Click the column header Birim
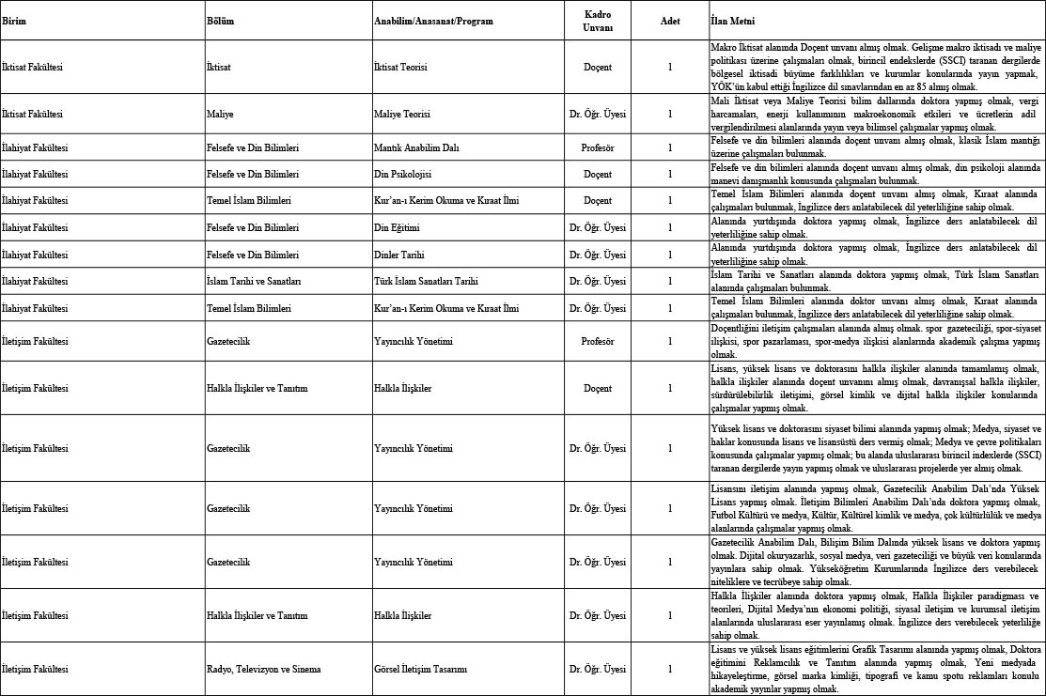tap(14, 21)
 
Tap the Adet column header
tap(670, 21)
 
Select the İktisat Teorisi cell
tap(401, 67)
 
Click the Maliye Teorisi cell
tap(402, 114)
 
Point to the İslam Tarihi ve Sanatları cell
tap(254, 281)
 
